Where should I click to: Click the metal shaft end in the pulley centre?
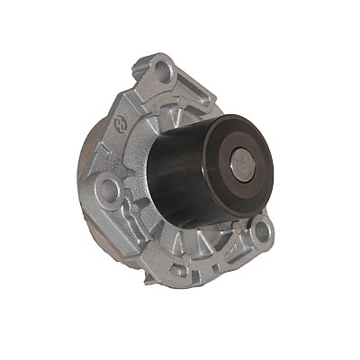click(246, 164)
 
